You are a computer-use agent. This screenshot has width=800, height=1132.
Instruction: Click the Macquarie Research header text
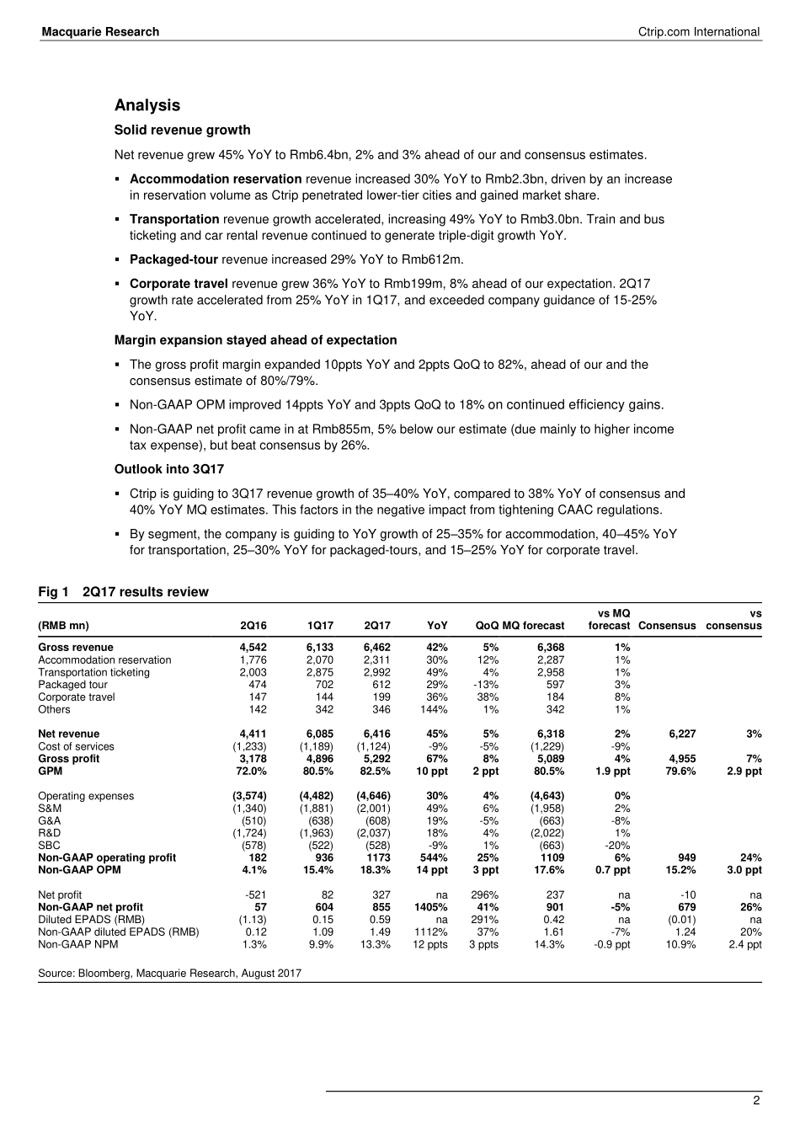tap(100, 32)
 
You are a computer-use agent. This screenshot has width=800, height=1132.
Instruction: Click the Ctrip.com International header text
tap(699, 32)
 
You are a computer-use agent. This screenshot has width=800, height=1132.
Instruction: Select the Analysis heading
tap(147, 105)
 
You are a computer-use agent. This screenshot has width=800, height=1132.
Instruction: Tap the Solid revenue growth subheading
tap(182, 130)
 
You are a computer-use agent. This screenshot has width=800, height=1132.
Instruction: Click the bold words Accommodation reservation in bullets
tap(216, 179)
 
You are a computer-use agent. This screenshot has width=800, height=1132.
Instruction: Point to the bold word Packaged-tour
tap(173, 259)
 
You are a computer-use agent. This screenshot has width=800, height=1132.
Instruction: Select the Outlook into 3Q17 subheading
tap(169, 469)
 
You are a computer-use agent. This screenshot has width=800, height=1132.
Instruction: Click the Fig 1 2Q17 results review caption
tap(123, 592)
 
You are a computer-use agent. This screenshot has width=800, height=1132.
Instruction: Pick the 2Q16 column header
tap(253, 626)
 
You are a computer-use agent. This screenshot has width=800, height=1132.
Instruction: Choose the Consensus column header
tap(667, 626)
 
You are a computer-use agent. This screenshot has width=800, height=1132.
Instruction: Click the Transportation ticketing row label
tap(93, 672)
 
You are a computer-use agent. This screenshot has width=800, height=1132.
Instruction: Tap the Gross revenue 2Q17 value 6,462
tap(376, 648)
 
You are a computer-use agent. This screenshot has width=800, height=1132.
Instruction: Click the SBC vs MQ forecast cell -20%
tap(617, 846)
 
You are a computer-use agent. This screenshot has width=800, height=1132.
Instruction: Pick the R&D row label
tap(50, 833)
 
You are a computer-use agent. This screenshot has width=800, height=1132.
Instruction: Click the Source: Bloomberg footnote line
tap(169, 974)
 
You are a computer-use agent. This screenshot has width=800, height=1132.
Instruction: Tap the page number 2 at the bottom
tap(756, 1101)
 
